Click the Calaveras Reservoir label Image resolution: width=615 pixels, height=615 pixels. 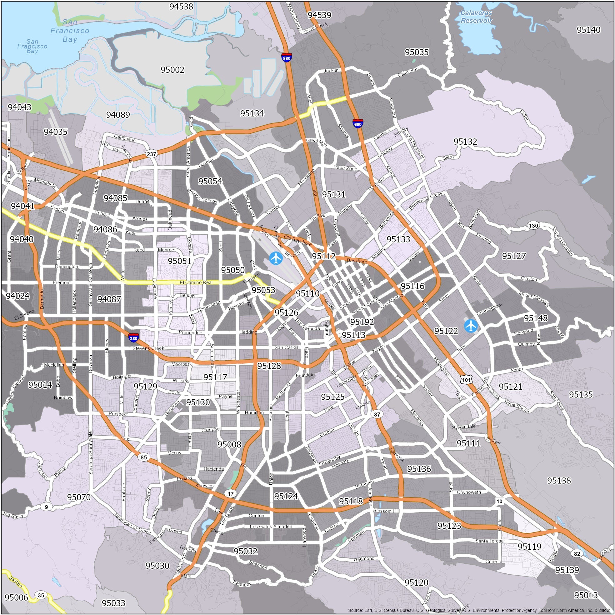[476, 17]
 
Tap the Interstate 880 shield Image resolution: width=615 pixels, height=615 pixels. [287, 57]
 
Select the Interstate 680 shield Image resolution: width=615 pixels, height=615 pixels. [357, 123]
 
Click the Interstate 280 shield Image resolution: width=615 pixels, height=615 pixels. [133, 337]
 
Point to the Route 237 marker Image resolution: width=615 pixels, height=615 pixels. [152, 154]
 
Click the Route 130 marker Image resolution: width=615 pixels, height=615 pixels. [533, 226]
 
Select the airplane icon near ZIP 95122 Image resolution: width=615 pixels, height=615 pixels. [471, 326]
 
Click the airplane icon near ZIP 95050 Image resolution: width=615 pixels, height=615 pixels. [276, 258]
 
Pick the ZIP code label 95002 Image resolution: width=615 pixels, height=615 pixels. [172, 70]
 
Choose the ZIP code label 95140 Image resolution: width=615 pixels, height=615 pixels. [588, 30]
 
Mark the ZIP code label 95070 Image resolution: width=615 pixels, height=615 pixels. [79, 497]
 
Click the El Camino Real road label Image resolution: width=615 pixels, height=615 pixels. [196, 282]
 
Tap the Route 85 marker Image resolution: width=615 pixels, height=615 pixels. [144, 457]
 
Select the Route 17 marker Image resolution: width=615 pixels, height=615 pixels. [230, 494]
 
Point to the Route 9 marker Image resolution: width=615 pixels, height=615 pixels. [47, 507]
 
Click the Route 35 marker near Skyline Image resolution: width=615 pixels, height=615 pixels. [41, 595]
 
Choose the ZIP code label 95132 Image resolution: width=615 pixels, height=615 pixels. [465, 142]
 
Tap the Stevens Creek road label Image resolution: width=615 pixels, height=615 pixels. [148, 348]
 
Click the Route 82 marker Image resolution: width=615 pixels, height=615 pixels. [577, 553]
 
